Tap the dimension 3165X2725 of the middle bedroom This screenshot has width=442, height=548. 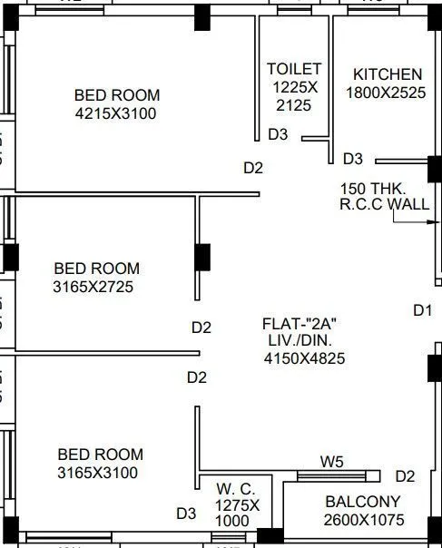[97, 288]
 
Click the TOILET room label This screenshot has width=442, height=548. [293, 69]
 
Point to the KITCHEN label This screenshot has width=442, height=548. [388, 74]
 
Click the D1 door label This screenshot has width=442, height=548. [423, 310]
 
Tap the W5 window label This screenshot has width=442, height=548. [332, 462]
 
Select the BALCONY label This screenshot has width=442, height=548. [363, 502]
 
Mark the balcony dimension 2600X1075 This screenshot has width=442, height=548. [363, 520]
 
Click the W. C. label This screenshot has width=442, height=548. [237, 488]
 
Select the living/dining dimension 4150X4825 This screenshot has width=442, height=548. [304, 358]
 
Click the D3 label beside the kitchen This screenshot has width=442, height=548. [353, 159]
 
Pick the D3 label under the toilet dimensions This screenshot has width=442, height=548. [278, 134]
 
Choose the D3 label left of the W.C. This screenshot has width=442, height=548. [186, 514]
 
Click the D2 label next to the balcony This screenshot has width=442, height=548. [405, 476]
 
